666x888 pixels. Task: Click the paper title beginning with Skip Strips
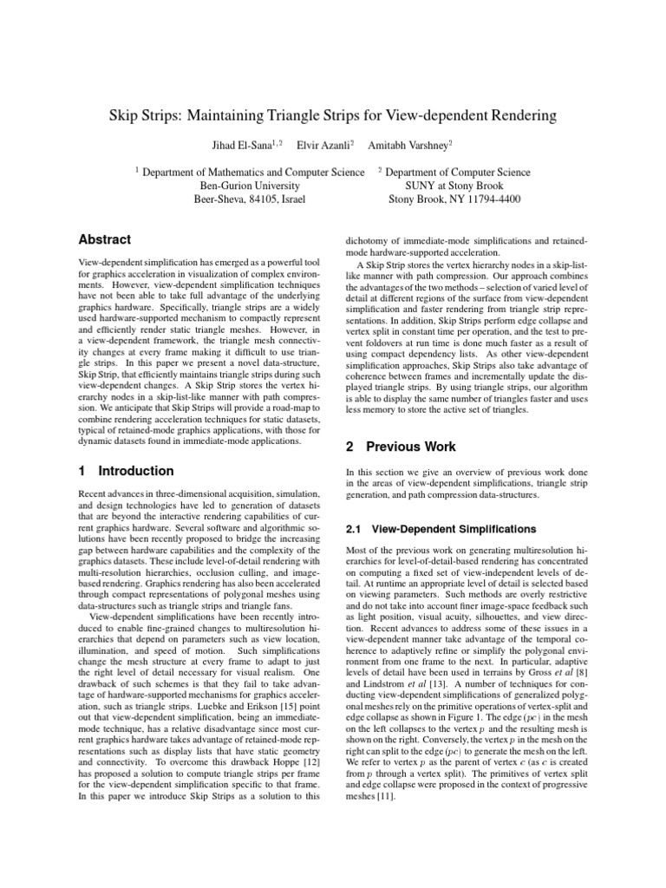(333, 115)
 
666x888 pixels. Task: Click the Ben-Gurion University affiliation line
(251, 186)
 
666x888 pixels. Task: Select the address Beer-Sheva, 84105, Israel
(251, 199)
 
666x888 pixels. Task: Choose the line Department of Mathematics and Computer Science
(253, 172)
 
